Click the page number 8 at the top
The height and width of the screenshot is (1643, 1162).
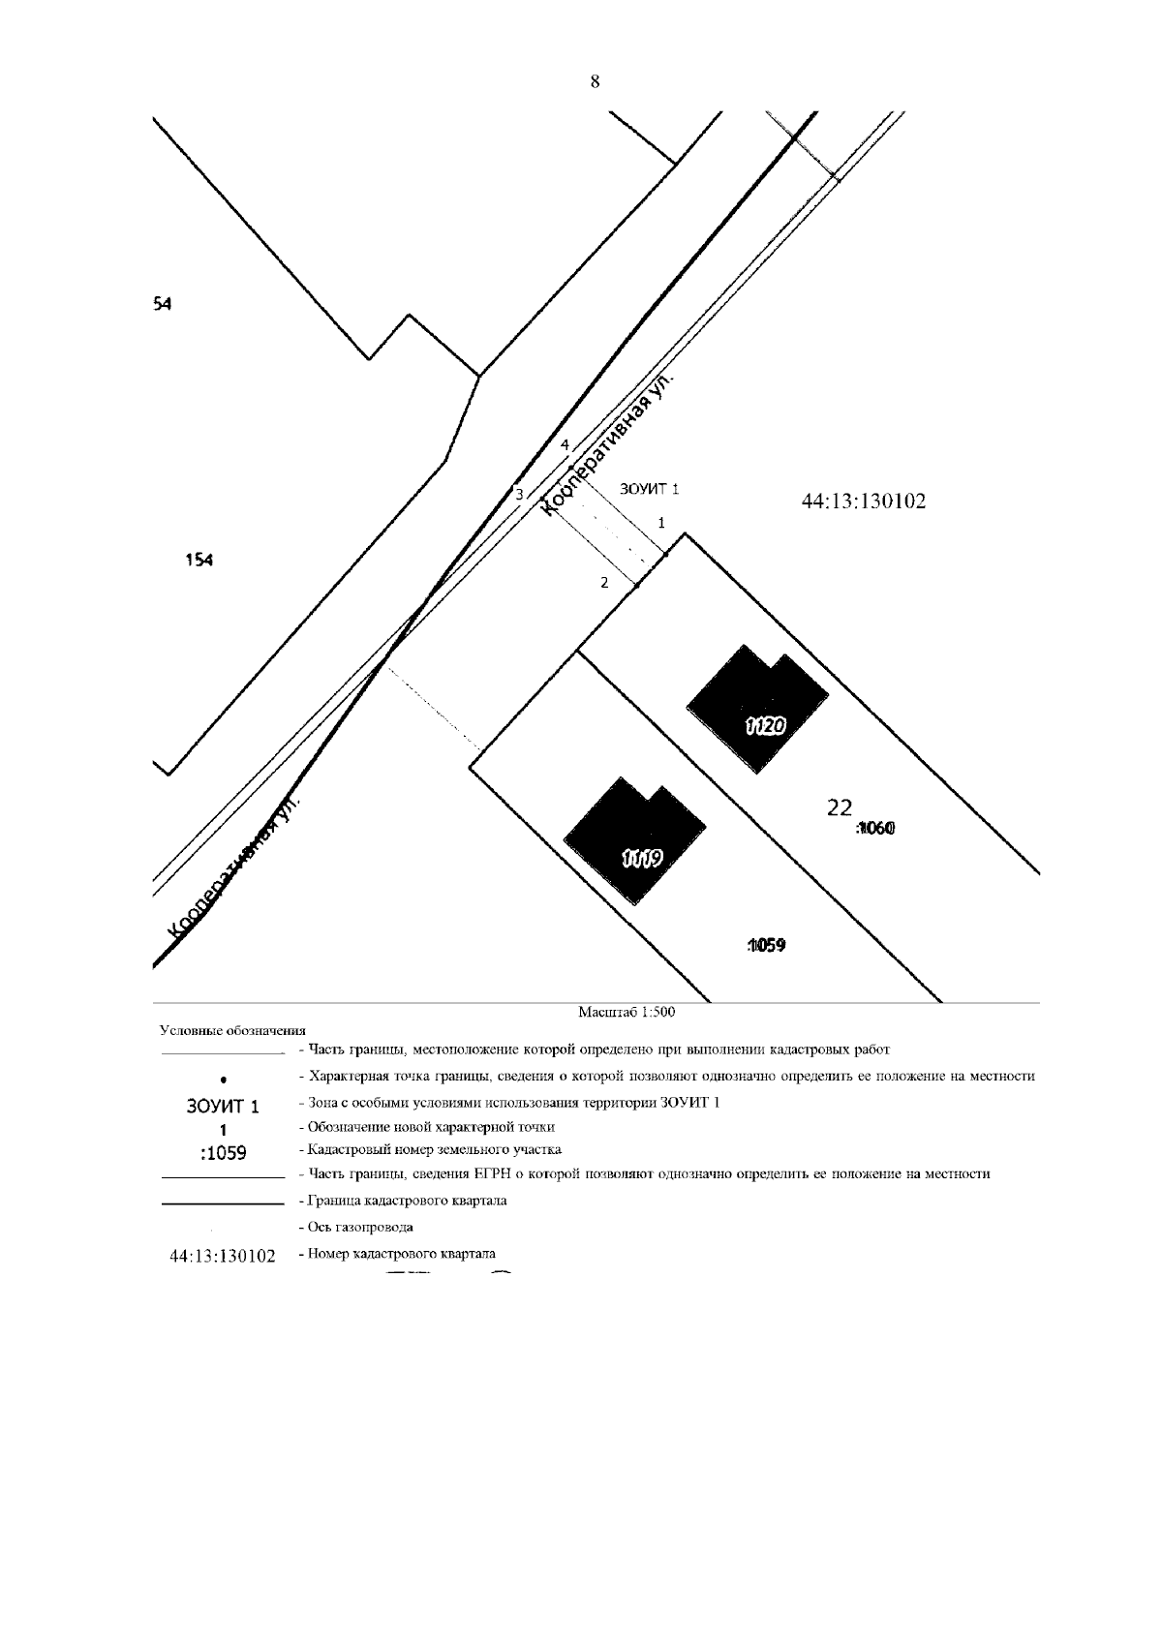[x=595, y=82]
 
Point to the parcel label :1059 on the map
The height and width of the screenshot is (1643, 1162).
[x=766, y=945]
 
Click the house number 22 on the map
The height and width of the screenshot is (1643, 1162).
[x=839, y=806]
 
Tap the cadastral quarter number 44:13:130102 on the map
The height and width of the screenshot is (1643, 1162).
[x=864, y=502]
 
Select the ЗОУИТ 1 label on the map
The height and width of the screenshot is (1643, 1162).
[x=649, y=489]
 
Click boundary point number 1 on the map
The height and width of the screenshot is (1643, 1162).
[x=661, y=522]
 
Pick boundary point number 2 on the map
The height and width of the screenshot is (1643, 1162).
[x=604, y=582]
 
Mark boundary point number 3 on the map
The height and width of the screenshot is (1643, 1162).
[x=519, y=494]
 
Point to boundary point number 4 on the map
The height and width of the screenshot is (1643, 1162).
[x=565, y=444]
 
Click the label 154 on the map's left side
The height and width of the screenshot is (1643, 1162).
[x=199, y=560]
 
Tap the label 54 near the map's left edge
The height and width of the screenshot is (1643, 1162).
[x=162, y=304]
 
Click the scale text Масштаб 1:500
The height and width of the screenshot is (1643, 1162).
[x=626, y=1013]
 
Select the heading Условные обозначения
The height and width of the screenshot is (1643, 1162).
[x=232, y=1030]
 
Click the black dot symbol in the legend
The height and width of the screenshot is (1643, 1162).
[x=223, y=1079]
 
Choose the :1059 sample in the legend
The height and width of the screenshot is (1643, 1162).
[x=223, y=1153]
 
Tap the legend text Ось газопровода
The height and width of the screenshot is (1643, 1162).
[x=360, y=1227]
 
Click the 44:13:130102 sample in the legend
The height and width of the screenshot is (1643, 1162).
[x=223, y=1256]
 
